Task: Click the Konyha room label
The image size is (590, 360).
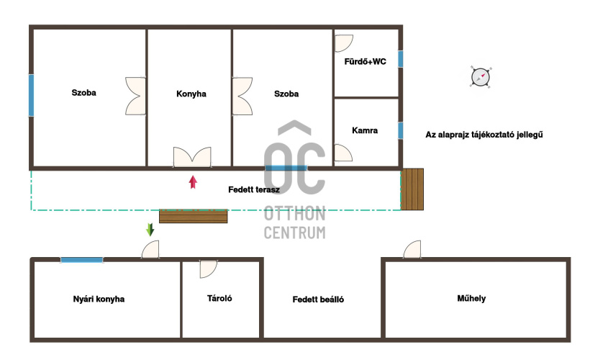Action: coord(191,94)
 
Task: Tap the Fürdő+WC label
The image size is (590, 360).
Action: coord(365,61)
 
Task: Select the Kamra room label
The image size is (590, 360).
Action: coord(365,130)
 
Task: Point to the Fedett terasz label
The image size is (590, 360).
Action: coord(253,189)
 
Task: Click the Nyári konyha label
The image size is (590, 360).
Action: coord(99,299)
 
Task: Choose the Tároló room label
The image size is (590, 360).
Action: coord(219,298)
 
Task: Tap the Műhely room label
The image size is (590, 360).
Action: coord(471,298)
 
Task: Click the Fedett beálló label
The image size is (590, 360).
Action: coord(318,300)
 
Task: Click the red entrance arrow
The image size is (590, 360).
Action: coord(193,182)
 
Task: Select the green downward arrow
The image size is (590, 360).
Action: coord(150,230)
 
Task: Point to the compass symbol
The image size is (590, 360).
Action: coord(481,77)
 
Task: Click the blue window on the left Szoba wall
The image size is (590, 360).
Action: coord(31,95)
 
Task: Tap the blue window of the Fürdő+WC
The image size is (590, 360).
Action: coord(401,59)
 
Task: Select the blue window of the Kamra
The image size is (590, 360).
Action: coord(401,130)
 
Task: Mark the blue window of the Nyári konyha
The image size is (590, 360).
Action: coord(81,260)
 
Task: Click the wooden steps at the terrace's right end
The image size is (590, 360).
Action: coord(412,189)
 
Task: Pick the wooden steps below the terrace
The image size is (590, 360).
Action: coord(194,217)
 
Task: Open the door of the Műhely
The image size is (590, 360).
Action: coord(412,250)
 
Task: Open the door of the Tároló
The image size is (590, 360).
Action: coord(208,269)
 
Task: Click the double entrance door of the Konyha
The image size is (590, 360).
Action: coord(192,157)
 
